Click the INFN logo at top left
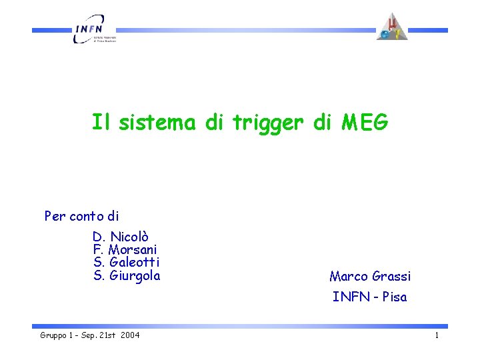point(94,29)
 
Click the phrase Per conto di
point(81,216)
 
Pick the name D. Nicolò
point(121,237)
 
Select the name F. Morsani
point(125,249)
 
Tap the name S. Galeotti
point(127,262)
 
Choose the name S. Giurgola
point(127,275)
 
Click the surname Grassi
point(391,276)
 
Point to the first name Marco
point(349,276)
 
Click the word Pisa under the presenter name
point(394,297)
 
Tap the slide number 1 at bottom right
point(437,335)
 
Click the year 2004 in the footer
point(130,335)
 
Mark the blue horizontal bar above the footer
point(240,326)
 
